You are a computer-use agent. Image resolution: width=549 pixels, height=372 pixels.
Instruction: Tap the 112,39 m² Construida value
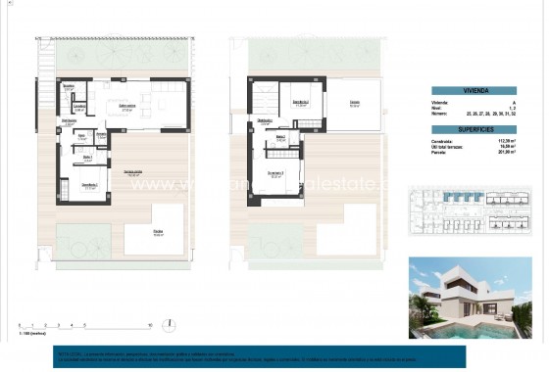click(507, 139)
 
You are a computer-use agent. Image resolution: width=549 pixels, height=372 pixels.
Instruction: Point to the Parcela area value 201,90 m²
click(507, 151)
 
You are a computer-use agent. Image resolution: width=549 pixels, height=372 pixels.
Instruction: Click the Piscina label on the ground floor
click(158, 232)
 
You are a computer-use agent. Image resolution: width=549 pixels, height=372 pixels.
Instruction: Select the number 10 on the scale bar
click(149, 324)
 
